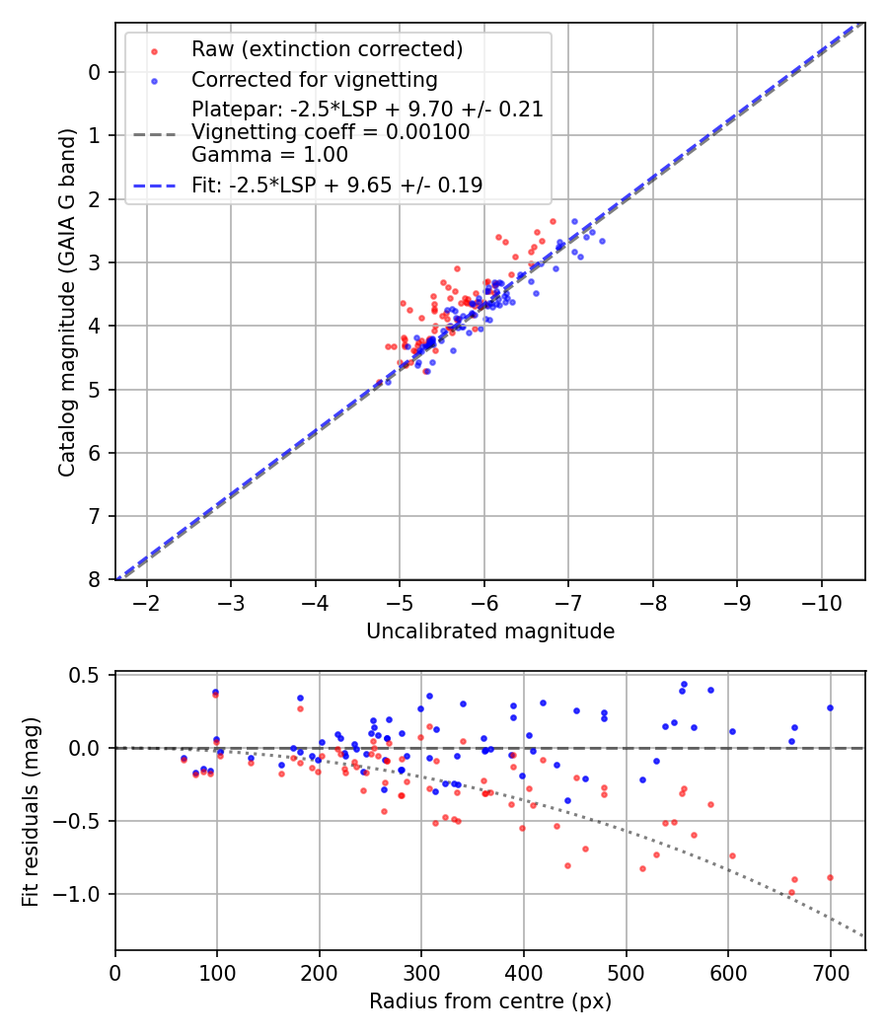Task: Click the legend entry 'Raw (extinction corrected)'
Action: click(x=327, y=49)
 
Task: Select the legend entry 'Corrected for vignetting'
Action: click(x=314, y=79)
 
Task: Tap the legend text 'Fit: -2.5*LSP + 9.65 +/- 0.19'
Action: click(x=336, y=185)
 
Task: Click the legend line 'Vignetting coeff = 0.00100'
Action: click(x=331, y=131)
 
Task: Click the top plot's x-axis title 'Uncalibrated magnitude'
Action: click(x=490, y=631)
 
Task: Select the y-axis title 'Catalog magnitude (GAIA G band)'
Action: click(x=67, y=301)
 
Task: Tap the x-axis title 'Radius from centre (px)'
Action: click(x=490, y=1001)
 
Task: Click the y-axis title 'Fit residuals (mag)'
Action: click(x=32, y=811)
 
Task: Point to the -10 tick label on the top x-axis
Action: click(x=822, y=602)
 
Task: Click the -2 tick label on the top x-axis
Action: click(x=147, y=602)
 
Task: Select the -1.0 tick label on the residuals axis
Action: click(x=82, y=895)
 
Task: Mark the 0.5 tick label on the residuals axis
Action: click(x=89, y=676)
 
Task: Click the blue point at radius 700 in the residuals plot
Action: click(x=830, y=707)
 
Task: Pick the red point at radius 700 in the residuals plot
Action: click(x=830, y=877)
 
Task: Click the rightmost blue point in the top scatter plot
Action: click(x=602, y=241)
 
